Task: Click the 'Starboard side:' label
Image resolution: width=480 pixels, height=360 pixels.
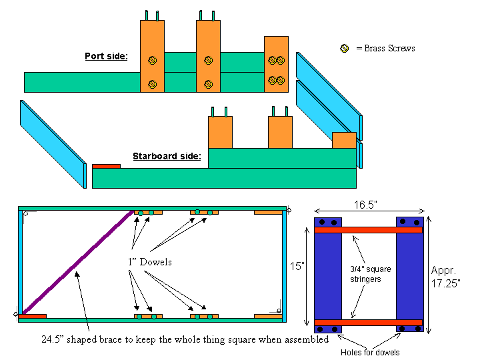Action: tap(167, 157)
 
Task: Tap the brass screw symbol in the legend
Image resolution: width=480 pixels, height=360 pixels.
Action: tap(345, 49)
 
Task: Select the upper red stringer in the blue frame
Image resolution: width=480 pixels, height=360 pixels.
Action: tap(369, 230)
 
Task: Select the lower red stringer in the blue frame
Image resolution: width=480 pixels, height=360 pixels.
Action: tap(369, 323)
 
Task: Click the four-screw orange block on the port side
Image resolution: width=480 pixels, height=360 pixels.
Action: tap(276, 64)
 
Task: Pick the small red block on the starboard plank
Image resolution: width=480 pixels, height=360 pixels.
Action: tap(106, 165)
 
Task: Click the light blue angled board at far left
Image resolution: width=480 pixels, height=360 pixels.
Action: tap(53, 144)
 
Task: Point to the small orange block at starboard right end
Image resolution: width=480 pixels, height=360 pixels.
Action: tap(344, 140)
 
